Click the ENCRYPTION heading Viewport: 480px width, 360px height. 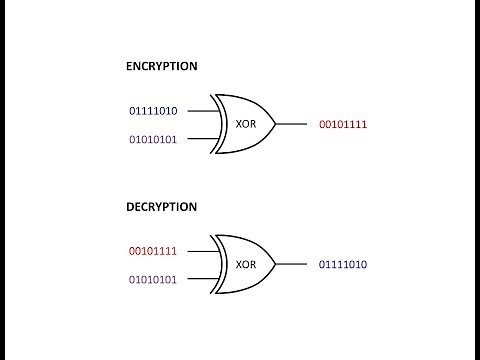(x=161, y=66)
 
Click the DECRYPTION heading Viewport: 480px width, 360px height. (x=161, y=206)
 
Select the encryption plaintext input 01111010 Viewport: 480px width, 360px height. (x=153, y=109)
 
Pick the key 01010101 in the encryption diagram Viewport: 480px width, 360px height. (x=153, y=139)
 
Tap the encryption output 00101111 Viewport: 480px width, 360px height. (x=343, y=124)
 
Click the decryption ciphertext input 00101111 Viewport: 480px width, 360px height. (x=153, y=250)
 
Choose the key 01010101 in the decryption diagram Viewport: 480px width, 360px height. (x=153, y=279)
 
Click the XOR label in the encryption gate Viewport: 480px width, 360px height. (x=246, y=124)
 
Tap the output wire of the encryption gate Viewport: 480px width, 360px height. (x=290, y=124)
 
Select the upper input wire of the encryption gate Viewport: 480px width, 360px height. (x=200, y=110)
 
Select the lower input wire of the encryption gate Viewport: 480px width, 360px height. (x=200, y=139)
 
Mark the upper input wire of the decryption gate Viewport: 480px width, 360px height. (x=200, y=250)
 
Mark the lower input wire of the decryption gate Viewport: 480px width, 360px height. (x=200, y=279)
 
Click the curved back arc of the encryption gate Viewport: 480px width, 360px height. (x=218, y=124)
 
